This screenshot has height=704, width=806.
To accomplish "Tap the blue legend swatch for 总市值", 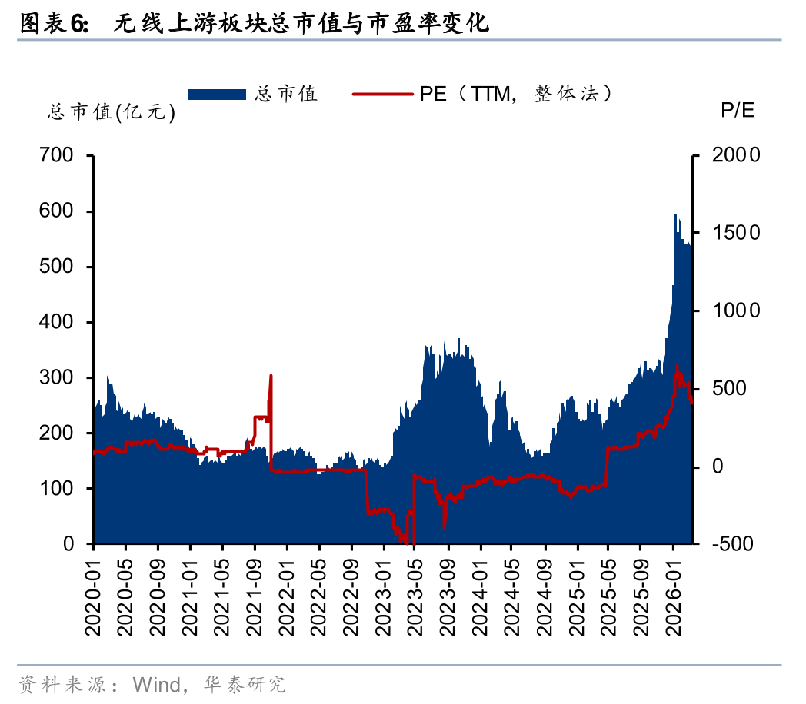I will pyautogui.click(x=218, y=94).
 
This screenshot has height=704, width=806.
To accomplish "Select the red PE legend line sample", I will pyautogui.click(x=383, y=94).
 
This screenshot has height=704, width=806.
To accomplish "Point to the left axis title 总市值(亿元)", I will pyautogui.click(x=112, y=113).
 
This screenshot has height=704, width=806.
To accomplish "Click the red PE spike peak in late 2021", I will pyautogui.click(x=271, y=376).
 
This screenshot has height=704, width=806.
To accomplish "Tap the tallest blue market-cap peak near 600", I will pyautogui.click(x=675, y=215).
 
